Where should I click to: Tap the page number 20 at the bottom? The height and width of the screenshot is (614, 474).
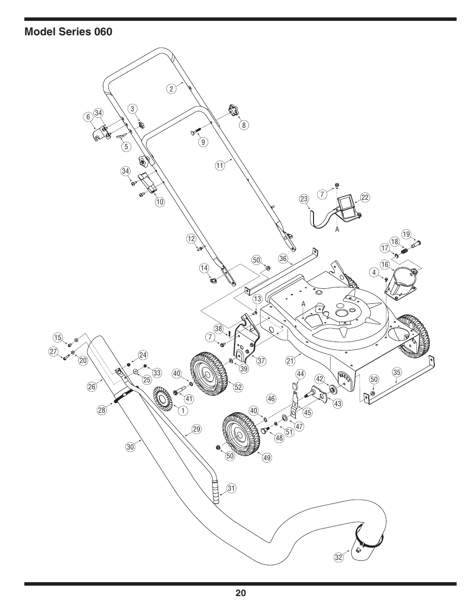coord(240,593)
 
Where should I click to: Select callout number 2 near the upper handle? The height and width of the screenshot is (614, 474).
coord(171,89)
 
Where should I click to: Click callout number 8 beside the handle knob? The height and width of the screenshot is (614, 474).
coord(244,125)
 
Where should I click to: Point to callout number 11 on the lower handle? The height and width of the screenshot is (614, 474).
coord(220,166)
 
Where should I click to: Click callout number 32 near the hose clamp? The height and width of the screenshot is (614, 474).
coord(339,557)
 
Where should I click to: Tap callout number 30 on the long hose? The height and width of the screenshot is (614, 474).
coord(130,447)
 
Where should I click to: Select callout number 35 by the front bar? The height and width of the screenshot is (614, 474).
coord(396,372)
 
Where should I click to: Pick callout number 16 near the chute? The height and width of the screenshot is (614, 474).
coord(385,264)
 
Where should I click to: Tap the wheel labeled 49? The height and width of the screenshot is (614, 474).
coord(240,434)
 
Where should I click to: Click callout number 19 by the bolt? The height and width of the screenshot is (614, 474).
coord(406,234)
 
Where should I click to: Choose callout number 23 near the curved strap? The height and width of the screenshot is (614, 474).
coord(305,199)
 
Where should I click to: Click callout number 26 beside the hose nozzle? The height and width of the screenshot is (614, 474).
coord(91,385)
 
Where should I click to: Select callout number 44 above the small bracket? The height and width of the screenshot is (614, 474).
coord(300,373)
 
